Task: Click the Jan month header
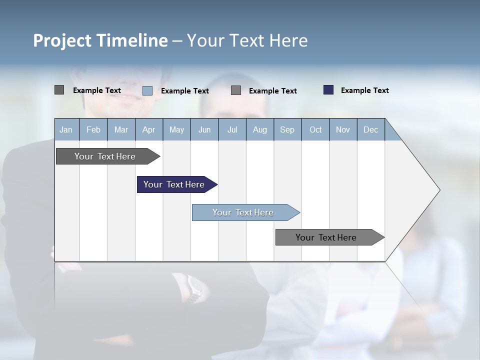(66, 129)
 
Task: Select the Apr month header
(148, 129)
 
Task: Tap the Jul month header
(232, 129)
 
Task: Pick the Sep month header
(287, 129)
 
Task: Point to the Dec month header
(370, 129)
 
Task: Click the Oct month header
(315, 129)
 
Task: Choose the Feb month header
(93, 129)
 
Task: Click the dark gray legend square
(59, 90)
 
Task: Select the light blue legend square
(147, 90)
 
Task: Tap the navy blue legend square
(328, 90)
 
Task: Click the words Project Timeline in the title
(100, 40)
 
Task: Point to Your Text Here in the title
(247, 40)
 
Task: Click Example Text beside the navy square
(364, 90)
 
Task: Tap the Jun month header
(204, 129)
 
